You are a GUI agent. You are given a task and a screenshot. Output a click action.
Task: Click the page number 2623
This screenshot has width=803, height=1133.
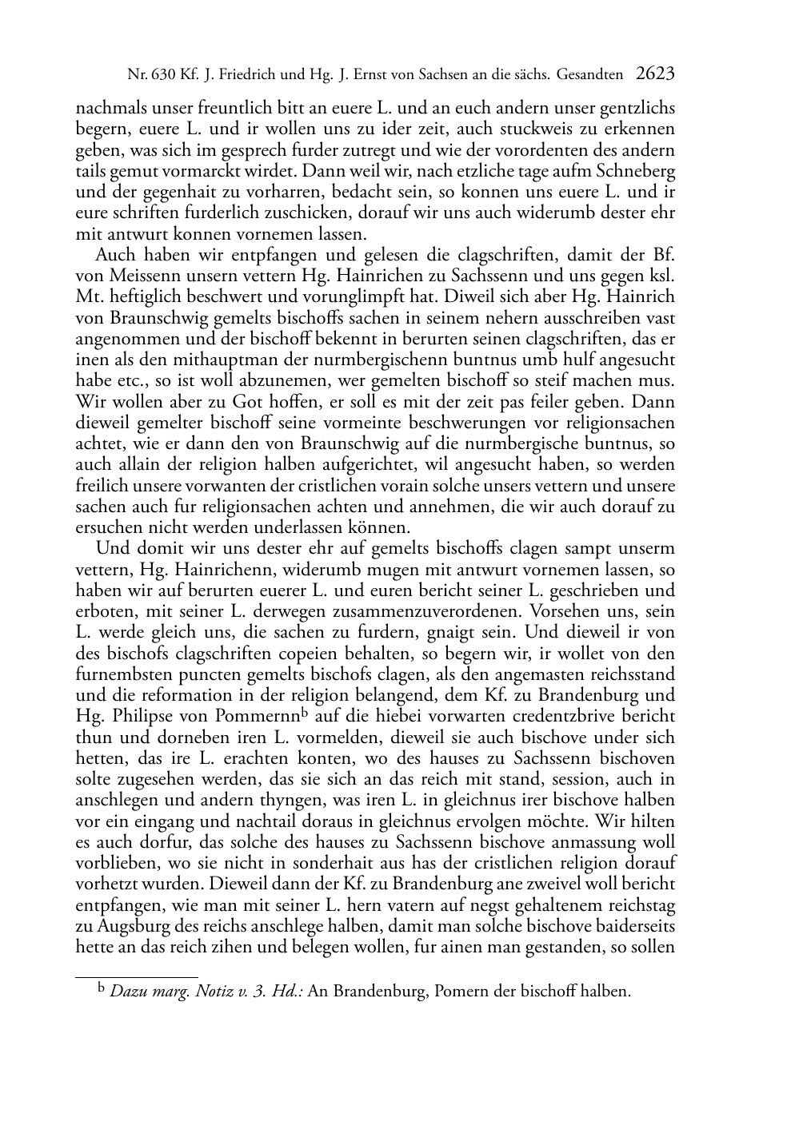pyautogui.click(x=655, y=74)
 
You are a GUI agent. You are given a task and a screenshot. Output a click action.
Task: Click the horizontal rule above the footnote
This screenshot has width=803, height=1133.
pyautogui.click(x=136, y=976)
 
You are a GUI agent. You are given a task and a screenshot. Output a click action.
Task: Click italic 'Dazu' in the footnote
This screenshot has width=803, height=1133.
pyautogui.click(x=126, y=992)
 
